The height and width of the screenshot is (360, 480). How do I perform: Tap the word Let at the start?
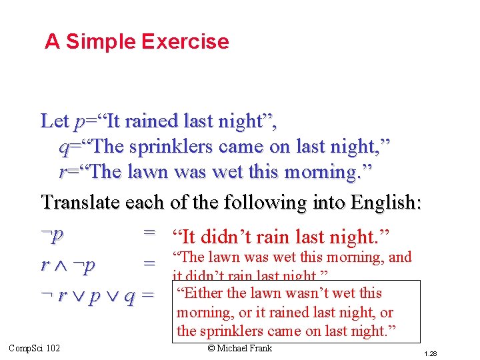point(54,121)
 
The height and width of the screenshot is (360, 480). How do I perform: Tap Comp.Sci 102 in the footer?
point(35,348)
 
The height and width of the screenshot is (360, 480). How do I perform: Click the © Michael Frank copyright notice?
point(240,348)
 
